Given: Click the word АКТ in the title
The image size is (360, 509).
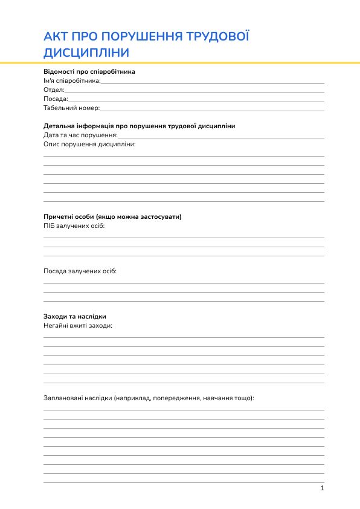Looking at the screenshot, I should point(56,37).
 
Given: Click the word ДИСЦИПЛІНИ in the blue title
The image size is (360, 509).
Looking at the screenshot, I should point(86,53).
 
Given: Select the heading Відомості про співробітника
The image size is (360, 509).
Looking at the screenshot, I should point(89,71).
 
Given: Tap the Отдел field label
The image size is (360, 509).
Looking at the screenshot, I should point(54,89).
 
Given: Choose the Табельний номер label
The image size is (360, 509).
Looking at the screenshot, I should point(71,108).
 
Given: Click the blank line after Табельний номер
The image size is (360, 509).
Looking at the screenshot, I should point(212,108).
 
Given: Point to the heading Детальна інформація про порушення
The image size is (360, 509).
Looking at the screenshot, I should point(139,126).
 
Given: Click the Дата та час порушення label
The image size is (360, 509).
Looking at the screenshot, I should point(80,135).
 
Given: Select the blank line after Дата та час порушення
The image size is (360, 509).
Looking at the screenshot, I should point(221,135).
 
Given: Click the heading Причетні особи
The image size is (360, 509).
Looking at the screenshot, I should point(112,216).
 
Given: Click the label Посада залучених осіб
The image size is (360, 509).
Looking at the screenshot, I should point(80,271).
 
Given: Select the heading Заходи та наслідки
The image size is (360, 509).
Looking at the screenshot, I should point(75,316).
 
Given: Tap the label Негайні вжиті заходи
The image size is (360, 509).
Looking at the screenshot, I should point(78,325).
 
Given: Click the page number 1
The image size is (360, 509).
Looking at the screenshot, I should point(323,488).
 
